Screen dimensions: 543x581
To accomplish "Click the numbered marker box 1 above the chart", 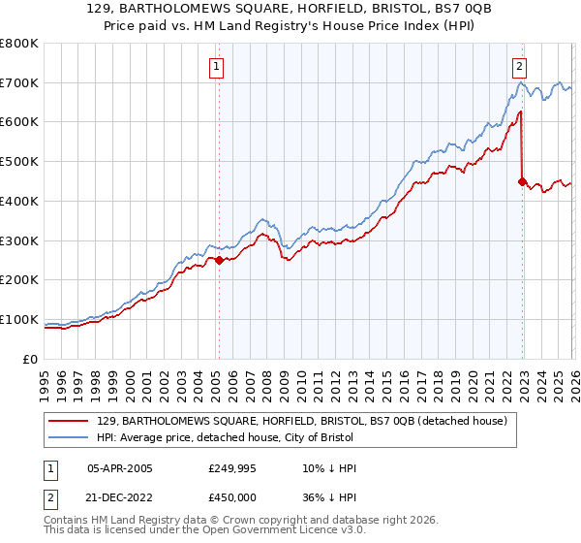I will (215, 67).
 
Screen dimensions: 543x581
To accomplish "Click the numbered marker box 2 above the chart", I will (520, 67).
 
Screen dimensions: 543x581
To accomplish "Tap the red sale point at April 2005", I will (219, 260).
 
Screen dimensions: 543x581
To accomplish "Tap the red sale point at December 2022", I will (523, 181).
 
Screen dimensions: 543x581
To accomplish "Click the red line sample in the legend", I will (70, 421).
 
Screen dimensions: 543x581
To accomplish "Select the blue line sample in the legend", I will (70, 437).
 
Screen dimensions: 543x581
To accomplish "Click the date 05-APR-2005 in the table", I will (120, 469).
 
